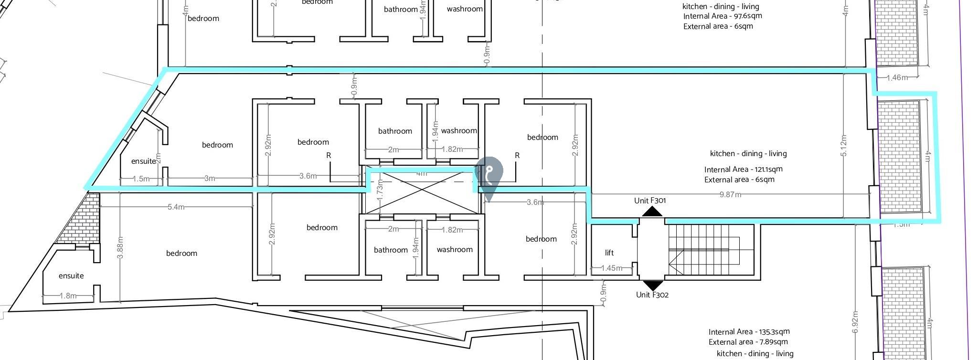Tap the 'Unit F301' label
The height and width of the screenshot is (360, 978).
tap(649, 201)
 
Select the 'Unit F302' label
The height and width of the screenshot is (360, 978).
tap(652, 295)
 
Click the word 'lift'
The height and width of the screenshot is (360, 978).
tap(609, 253)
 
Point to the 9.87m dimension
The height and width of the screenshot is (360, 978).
tap(730, 194)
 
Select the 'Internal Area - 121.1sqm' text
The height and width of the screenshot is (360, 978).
tap(743, 169)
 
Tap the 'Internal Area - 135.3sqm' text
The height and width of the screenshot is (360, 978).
tap(749, 332)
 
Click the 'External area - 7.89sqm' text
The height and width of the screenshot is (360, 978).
tap(748, 342)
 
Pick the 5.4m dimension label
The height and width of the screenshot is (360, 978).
tap(176, 207)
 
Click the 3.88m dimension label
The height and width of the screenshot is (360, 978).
tap(120, 247)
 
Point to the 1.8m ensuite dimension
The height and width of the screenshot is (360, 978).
tap(68, 296)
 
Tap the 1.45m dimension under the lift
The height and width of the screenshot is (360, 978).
tap(611, 268)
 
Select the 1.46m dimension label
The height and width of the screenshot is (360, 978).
tap(896, 77)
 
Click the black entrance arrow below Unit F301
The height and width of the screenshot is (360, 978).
tap(652, 212)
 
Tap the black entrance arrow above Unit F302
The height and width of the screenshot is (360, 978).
tap(652, 285)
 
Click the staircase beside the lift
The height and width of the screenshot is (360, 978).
tap(704, 250)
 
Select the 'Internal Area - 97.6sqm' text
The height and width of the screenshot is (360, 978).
tap(722, 16)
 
